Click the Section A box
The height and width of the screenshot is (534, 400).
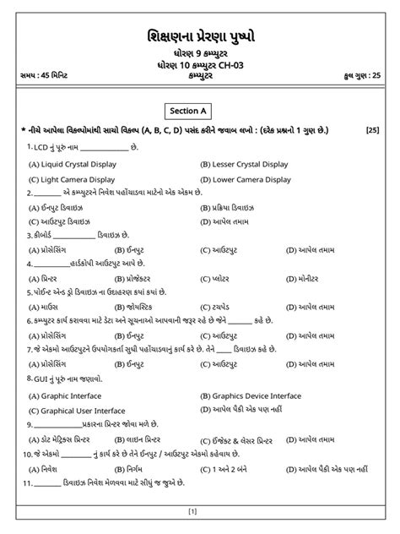(199, 110)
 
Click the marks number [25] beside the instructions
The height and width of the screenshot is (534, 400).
(372, 130)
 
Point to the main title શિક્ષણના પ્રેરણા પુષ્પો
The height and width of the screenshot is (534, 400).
(200, 35)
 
